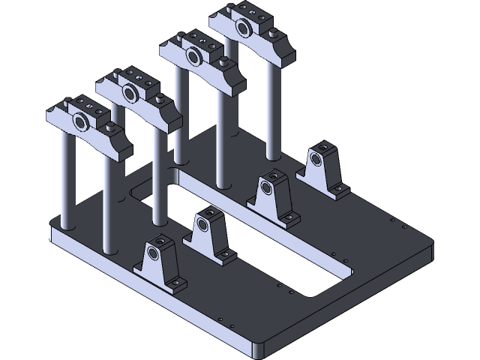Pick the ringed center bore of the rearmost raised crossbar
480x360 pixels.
tap(243, 28)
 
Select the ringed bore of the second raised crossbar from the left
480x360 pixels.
tap(130, 93)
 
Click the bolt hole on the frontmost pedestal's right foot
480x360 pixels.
tap(177, 283)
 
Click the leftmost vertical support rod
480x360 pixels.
tap(66, 180)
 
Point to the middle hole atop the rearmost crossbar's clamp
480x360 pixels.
tap(244, 12)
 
